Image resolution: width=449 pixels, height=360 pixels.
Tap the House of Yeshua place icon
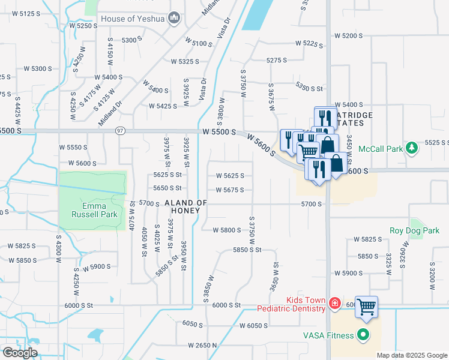[175, 18]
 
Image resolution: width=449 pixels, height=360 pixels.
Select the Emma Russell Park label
[93, 209]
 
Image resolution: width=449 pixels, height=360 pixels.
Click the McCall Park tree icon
[411, 148]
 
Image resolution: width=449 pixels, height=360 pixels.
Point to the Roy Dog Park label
[414, 230]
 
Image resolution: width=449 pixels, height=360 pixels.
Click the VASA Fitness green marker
[363, 335]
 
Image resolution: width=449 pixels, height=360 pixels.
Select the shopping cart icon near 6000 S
[366, 307]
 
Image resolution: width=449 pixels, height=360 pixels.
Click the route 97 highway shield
[121, 131]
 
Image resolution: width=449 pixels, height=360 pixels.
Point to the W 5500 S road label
[219, 131]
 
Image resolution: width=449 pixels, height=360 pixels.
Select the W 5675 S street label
[230, 190]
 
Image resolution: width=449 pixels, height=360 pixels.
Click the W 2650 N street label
[202, 346]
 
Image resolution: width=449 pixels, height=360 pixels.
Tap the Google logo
[20, 353]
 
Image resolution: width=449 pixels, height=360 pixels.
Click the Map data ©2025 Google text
[412, 355]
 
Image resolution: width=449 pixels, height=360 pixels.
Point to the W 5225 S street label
[309, 44]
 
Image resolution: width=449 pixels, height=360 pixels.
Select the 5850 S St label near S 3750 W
[248, 250]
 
